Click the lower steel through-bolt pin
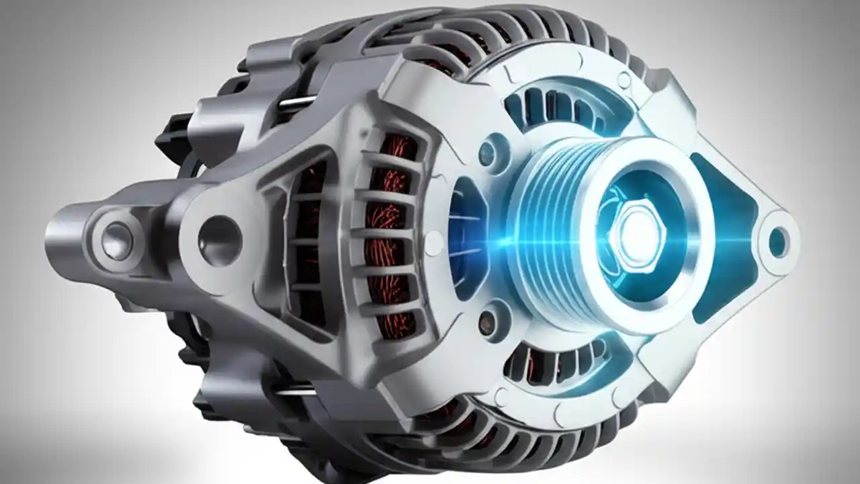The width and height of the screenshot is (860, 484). pos(296,389)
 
